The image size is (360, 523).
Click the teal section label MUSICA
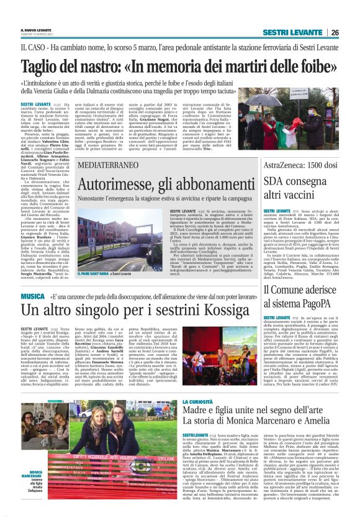(32, 296)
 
